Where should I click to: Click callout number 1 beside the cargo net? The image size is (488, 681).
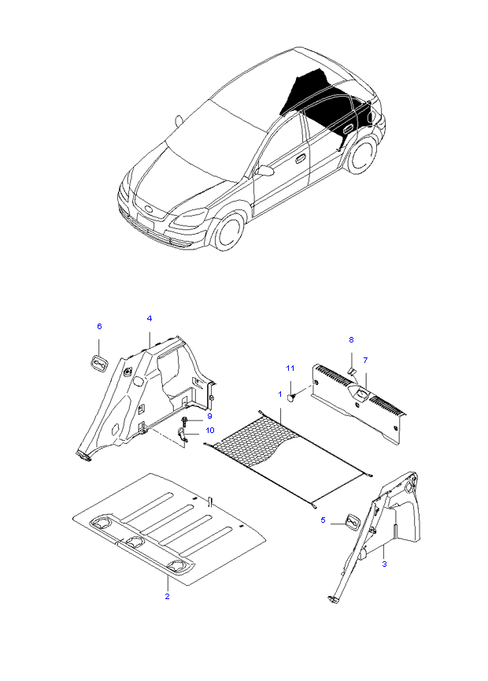click(279, 392)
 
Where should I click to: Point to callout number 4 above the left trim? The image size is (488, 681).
click(150, 318)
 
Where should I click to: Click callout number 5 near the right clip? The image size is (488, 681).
click(323, 520)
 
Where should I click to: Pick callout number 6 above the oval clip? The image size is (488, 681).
click(99, 326)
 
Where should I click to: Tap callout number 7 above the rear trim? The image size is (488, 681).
click(364, 360)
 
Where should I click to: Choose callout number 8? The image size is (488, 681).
click(352, 339)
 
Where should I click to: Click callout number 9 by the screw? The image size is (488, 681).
click(209, 416)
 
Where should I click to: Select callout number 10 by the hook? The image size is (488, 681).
click(209, 430)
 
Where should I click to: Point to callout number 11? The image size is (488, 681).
click(290, 368)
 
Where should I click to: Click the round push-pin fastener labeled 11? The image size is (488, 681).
click(292, 398)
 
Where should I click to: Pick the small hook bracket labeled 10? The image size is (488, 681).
click(183, 435)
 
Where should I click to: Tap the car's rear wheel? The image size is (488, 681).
click(362, 155)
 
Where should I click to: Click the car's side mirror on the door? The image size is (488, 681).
click(265, 170)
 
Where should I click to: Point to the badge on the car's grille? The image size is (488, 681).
click(147, 209)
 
